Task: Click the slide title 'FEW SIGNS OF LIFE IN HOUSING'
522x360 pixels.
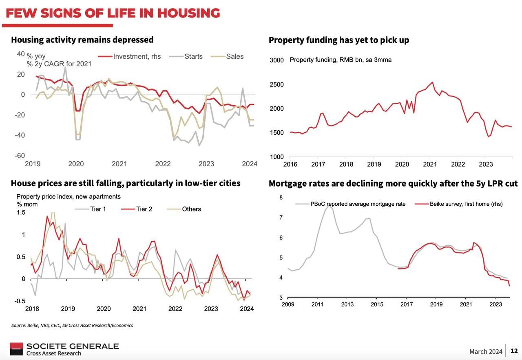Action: coord(113,13)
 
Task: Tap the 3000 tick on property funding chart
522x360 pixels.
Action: coord(276,60)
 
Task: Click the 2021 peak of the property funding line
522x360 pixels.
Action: coord(432,82)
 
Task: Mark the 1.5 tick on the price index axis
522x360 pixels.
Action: coord(21,212)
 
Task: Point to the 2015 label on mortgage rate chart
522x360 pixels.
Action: coord(377,304)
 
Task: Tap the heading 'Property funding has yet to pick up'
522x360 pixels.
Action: coord(338,40)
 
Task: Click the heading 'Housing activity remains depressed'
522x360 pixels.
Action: coord(82,40)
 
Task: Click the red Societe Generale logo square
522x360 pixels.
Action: coord(17,349)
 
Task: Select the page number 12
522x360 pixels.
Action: coord(514,351)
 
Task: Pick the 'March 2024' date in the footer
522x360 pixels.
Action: coord(486,351)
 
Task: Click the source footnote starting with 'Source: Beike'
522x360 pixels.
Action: coord(72,325)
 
